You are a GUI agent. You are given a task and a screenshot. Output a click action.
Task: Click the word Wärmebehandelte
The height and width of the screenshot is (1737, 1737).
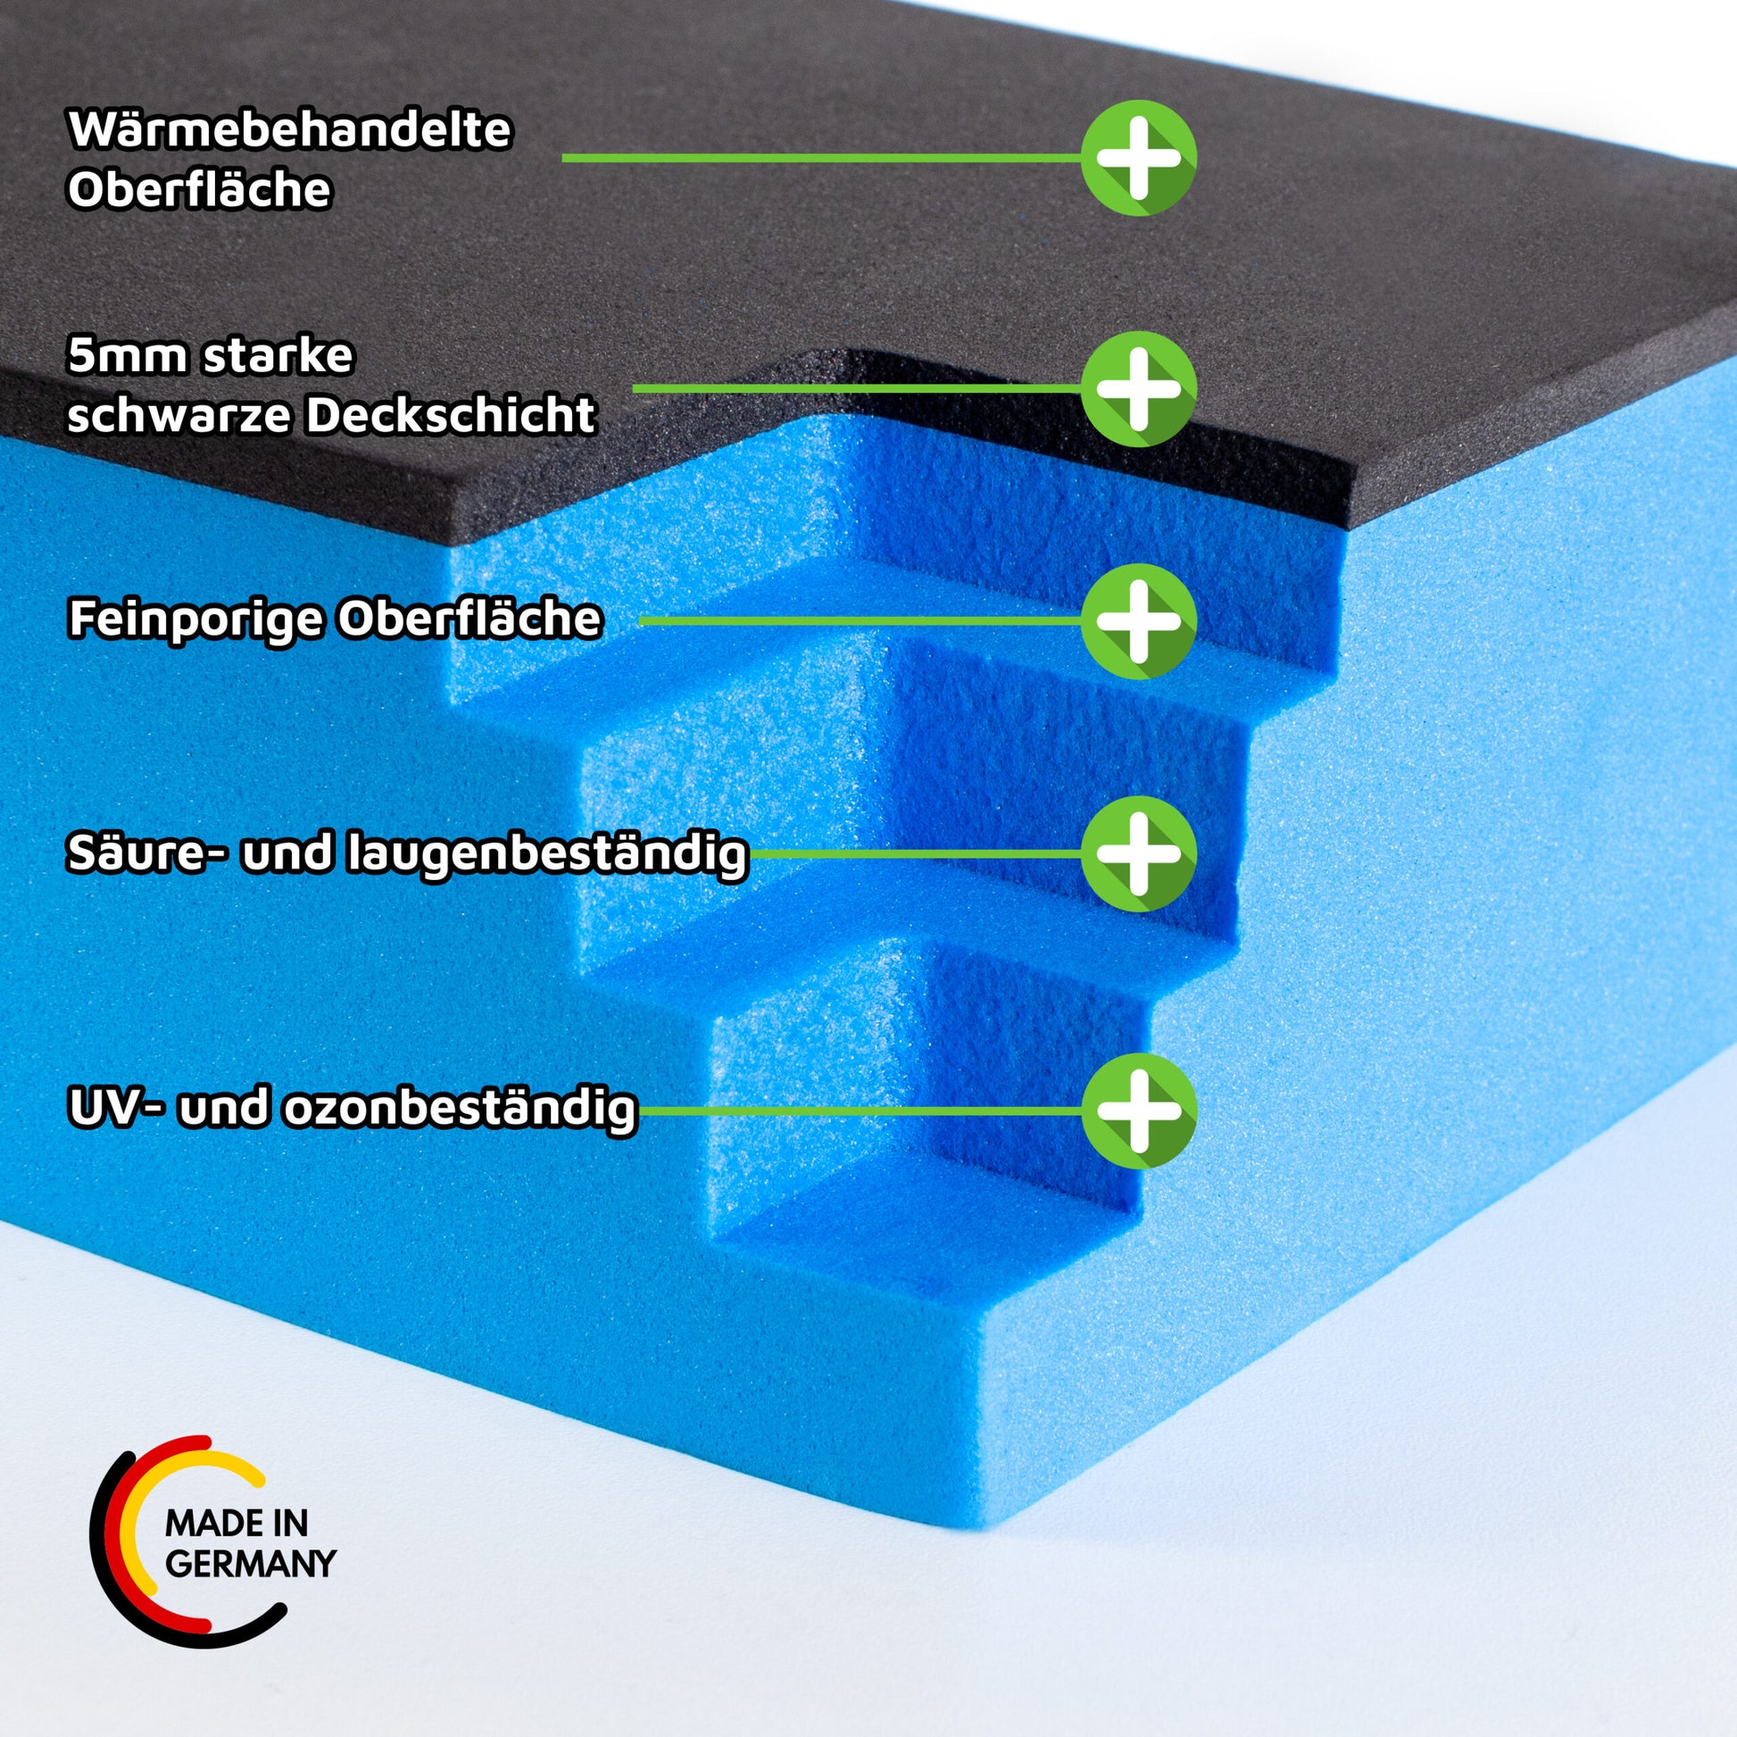[289, 130]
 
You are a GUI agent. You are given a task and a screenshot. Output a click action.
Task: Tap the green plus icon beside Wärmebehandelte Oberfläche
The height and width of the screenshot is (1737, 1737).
[1138, 157]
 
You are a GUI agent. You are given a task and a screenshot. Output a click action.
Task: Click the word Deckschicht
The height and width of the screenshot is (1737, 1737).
[450, 415]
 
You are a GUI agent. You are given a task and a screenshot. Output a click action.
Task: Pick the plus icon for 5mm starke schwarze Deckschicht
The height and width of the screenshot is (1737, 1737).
[1138, 388]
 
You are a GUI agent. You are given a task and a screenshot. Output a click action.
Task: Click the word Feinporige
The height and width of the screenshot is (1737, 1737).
[195, 619]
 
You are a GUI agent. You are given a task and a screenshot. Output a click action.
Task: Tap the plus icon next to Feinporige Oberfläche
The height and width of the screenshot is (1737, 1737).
[1138, 620]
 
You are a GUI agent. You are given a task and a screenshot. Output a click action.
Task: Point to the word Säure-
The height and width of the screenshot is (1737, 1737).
[145, 852]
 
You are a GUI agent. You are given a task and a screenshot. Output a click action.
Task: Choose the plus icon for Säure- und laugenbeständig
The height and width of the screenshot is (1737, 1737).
[1138, 853]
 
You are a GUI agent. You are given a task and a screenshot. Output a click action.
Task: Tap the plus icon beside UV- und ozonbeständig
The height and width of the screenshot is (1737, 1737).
[1138, 1110]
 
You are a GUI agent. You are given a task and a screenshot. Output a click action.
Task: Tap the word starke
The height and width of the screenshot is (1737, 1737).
[278, 356]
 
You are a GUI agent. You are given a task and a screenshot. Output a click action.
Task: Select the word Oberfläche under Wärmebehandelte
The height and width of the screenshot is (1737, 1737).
[200, 190]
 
